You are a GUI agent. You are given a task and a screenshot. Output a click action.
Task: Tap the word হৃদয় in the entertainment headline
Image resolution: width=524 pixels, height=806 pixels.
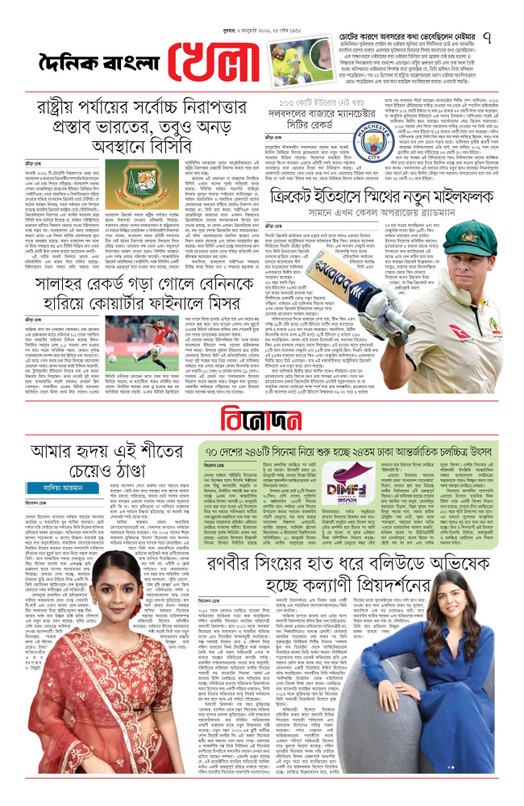[x=98, y=450]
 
